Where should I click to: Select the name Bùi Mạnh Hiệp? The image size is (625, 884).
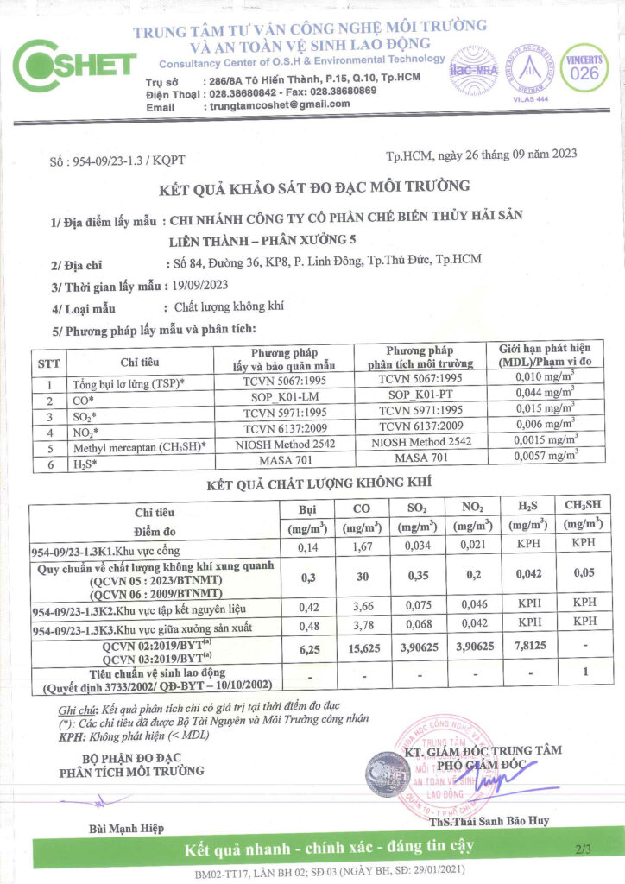[126, 829]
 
